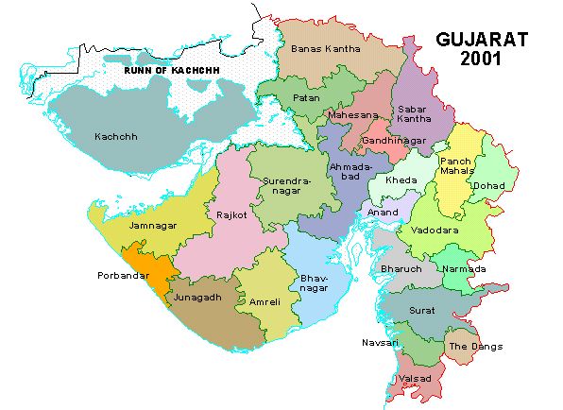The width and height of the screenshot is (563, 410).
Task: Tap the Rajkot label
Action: click(232, 214)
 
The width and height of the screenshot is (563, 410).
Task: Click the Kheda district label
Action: click(401, 179)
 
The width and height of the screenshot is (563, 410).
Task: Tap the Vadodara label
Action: click(434, 230)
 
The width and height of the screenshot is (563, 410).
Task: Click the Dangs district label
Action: click(476, 347)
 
